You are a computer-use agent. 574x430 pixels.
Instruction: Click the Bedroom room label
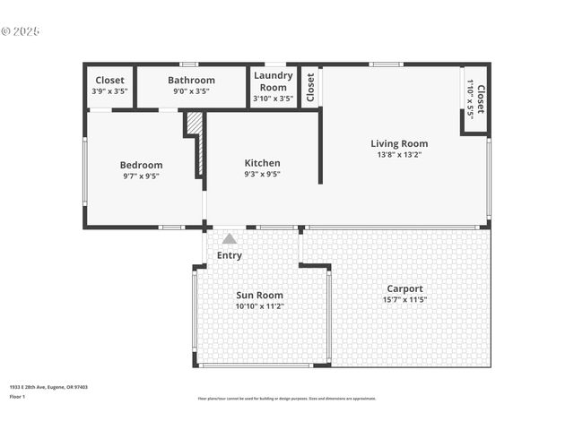pos(142,165)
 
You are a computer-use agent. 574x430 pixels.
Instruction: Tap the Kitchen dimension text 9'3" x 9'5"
pos(262,175)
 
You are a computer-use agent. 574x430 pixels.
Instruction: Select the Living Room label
pos(399,143)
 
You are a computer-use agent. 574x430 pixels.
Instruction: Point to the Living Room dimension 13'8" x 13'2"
pos(399,155)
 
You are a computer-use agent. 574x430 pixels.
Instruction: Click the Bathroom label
pos(191,80)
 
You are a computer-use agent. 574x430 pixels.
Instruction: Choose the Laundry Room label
pos(274,82)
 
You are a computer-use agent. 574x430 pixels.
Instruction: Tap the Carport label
pos(404,288)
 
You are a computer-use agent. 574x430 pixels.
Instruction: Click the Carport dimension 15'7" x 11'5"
pos(404,300)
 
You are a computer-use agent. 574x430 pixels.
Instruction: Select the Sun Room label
pos(259,295)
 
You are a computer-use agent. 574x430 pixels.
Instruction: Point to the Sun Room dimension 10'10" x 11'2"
pos(259,306)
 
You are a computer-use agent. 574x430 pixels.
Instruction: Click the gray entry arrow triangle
pos(230,238)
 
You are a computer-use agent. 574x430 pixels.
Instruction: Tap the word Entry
pos(230,255)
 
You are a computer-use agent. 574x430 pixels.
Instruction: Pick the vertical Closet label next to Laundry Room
pos(310,86)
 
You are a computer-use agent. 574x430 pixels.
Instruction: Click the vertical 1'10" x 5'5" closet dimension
pos(470,99)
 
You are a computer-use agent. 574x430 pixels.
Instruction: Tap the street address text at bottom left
pos(48,387)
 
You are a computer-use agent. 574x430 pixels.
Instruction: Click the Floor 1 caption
pos(17,396)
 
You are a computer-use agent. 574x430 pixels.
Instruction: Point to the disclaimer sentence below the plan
pos(287,399)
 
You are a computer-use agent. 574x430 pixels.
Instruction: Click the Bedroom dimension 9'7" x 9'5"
pos(142,176)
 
